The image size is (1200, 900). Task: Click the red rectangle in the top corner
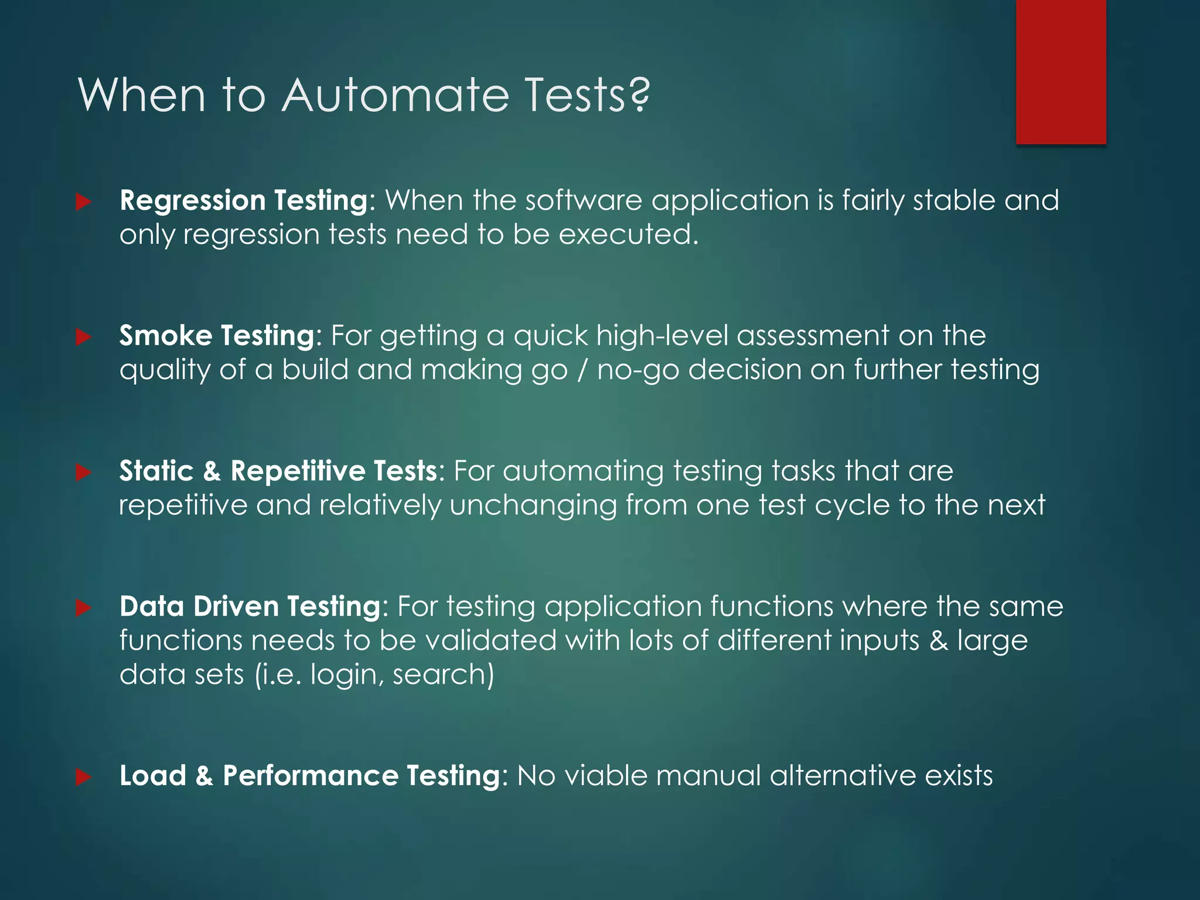(x=1061, y=71)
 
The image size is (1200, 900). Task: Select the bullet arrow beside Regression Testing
(x=84, y=202)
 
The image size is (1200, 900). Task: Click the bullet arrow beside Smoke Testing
(x=84, y=337)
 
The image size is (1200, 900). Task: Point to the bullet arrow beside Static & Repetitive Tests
(x=84, y=472)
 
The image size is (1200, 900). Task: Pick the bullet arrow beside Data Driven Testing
(x=84, y=608)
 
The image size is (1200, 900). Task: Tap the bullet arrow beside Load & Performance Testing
(x=84, y=777)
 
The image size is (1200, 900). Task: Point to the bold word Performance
(x=311, y=776)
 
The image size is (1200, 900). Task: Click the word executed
(x=628, y=235)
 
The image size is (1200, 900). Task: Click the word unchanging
(x=533, y=505)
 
